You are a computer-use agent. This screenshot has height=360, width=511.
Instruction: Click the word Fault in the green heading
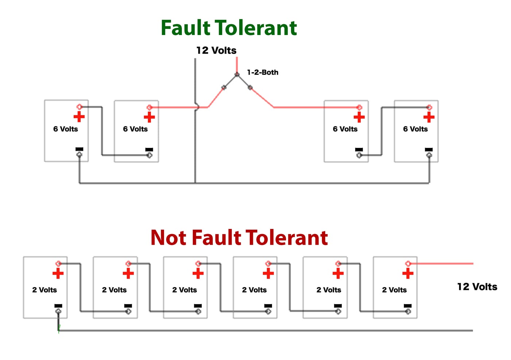tap(185, 28)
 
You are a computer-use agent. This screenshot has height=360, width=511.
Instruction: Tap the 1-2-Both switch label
tap(262, 72)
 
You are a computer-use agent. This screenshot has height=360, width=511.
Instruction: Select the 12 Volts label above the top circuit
tap(216, 50)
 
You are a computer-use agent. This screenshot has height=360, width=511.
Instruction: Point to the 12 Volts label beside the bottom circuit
tap(477, 287)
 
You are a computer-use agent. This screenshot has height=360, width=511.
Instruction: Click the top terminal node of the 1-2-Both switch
tap(237, 74)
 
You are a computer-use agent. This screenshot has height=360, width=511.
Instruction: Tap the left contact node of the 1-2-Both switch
tap(224, 88)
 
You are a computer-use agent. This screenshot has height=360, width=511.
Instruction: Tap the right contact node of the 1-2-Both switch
tap(250, 88)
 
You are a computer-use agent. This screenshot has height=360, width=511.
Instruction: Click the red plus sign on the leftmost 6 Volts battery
tap(79, 117)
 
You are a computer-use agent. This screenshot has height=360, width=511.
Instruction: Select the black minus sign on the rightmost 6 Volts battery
tap(429, 150)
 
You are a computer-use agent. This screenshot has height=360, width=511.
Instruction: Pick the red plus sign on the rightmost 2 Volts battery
tap(408, 273)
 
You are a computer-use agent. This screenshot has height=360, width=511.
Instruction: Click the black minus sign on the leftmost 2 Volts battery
tap(58, 306)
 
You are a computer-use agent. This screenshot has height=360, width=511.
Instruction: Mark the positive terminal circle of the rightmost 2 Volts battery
tap(408, 263)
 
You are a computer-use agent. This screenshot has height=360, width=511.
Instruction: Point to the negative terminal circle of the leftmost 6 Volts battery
tap(79, 155)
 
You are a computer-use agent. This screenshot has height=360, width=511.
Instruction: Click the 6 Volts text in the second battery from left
tap(135, 129)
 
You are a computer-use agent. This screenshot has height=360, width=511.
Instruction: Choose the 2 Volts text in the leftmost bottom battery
tap(45, 290)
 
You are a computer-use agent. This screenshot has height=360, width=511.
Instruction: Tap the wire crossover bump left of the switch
tap(197, 107)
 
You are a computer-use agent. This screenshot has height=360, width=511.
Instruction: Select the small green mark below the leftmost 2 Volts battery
tap(59, 328)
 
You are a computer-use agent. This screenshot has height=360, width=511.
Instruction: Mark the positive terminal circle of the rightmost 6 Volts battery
tap(429, 107)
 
